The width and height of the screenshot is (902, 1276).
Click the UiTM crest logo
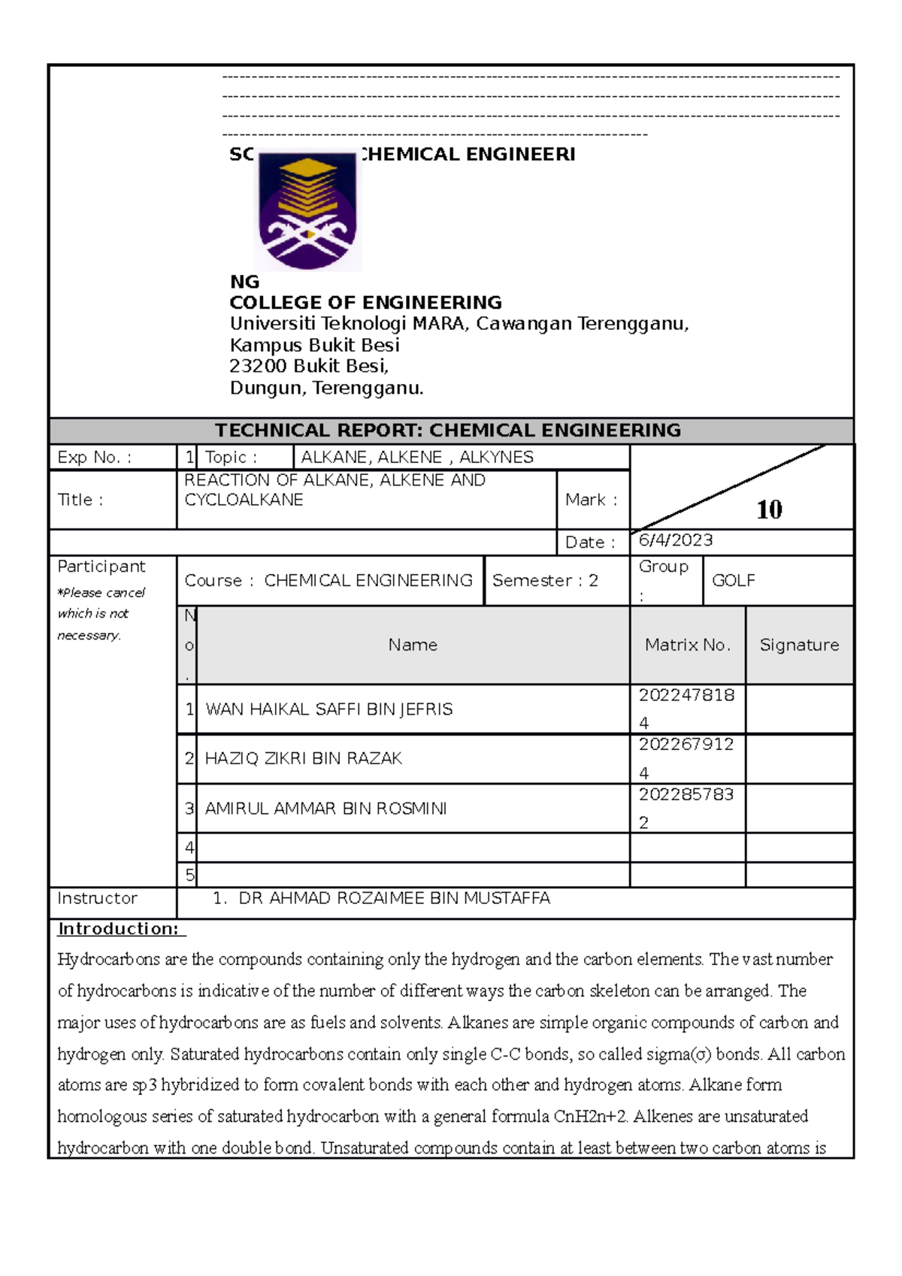pos(307,211)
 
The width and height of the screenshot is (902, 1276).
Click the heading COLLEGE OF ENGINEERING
pos(365,302)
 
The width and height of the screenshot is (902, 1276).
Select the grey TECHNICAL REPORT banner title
pos(448,430)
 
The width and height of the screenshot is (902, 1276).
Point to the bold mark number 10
pos(769,509)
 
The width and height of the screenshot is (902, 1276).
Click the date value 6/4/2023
pos(675,540)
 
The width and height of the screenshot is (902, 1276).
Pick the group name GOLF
pos(733,580)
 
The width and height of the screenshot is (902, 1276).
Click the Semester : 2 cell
pos(545,580)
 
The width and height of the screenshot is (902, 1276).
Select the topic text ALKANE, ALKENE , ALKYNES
pos(417,457)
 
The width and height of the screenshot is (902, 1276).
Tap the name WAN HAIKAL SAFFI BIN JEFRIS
pos(328,709)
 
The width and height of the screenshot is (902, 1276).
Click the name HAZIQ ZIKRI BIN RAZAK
pos(303,758)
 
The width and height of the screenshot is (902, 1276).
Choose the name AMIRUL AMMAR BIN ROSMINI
pos(325,809)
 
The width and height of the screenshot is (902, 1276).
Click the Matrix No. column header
pos(687,645)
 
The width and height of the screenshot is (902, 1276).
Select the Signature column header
pos(799,645)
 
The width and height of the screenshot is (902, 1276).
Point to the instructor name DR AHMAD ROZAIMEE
pos(393,898)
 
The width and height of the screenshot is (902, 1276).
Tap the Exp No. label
pos(94,457)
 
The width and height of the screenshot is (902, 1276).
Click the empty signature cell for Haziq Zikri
pos(799,758)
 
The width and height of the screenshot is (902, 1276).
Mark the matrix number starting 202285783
pos(686,795)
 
